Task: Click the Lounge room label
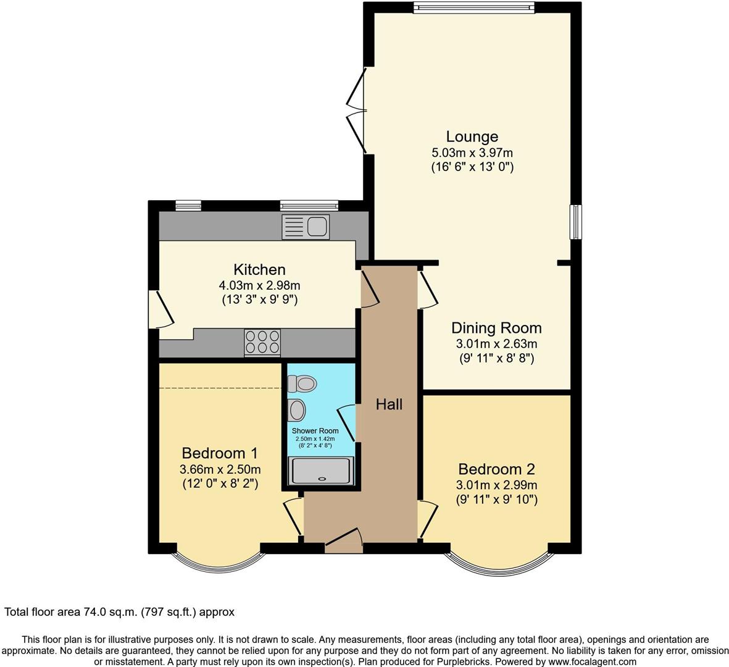tap(472, 136)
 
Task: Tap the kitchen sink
tap(306, 227)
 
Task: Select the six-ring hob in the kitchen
tap(262, 342)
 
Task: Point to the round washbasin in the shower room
tap(298, 409)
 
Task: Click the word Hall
tap(389, 405)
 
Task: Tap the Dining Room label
tap(496, 328)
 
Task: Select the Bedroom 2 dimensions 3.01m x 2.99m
tap(496, 485)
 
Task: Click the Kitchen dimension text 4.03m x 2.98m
tap(259, 285)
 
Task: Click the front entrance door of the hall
tap(343, 541)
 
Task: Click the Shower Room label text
tap(315, 430)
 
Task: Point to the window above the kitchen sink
tap(309, 205)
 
